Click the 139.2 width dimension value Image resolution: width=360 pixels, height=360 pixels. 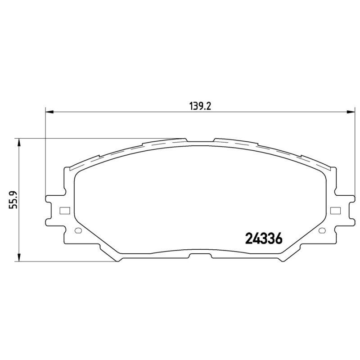[200, 107]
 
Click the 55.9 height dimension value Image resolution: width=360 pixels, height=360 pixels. [13, 200]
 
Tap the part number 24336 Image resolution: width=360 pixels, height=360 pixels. [264, 239]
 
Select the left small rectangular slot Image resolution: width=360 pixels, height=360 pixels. [64, 211]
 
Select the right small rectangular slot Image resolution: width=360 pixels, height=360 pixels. [335, 211]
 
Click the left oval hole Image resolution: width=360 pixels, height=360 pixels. [78, 230]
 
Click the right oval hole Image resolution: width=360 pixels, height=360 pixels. [322, 230]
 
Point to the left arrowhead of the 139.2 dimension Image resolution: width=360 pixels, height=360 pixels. [49, 112]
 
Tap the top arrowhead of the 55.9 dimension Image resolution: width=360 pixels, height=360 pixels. [19, 142]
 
